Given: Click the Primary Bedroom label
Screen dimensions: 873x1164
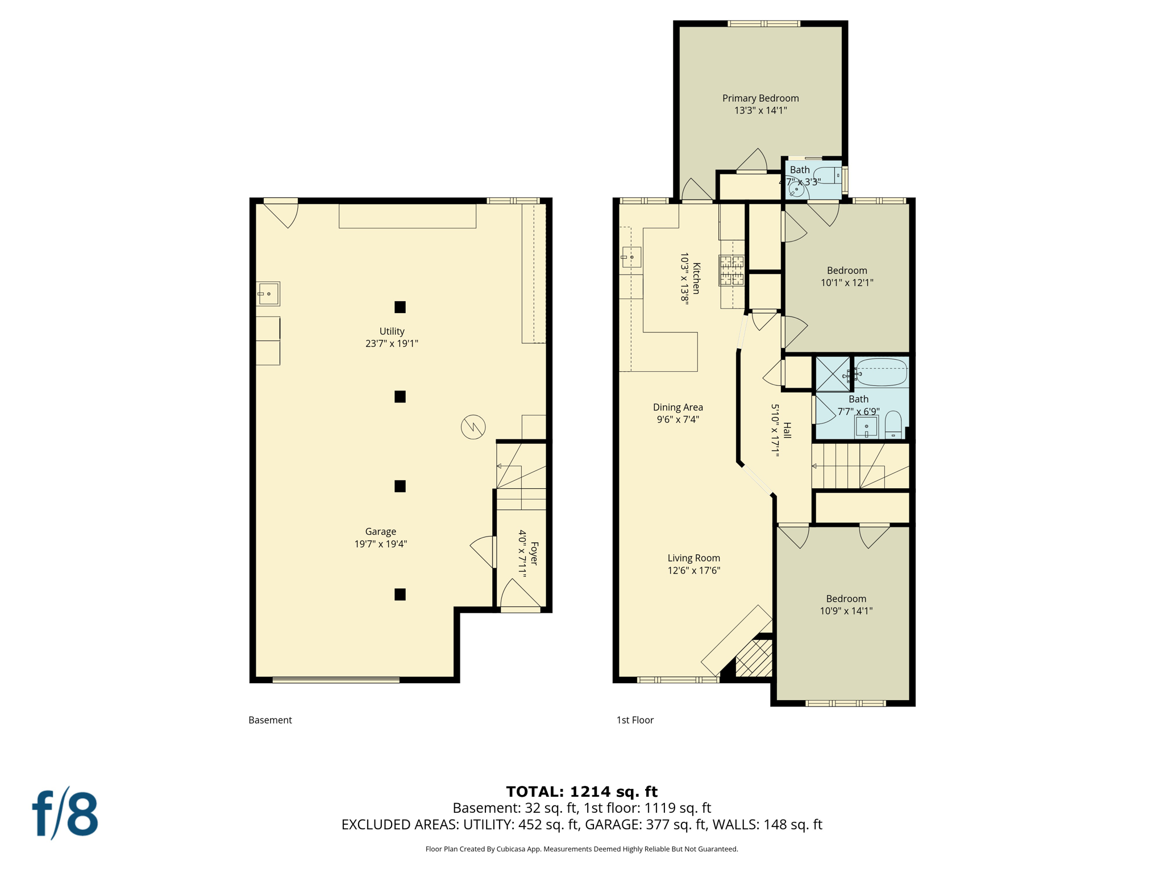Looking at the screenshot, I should point(760,98).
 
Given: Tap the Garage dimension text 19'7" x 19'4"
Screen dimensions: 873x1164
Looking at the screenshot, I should point(380,544).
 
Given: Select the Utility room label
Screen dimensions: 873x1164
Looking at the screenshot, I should point(392,331).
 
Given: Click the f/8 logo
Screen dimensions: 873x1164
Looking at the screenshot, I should point(65,814).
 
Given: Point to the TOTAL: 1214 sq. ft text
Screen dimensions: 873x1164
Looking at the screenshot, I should point(581,791).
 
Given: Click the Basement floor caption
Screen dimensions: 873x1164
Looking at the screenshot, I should point(270,720).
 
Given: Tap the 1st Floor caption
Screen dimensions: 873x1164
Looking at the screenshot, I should point(635,720).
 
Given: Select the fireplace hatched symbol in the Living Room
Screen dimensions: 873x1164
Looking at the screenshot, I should point(754,658).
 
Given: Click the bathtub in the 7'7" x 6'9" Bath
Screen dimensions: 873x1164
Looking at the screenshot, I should point(881,372).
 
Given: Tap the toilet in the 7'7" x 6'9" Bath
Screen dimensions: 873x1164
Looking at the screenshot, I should point(893,425).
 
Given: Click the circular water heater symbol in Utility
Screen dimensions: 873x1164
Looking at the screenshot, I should point(473,427).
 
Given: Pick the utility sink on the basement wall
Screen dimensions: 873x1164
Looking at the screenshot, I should point(268,294).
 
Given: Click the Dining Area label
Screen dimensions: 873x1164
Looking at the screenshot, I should point(677,408).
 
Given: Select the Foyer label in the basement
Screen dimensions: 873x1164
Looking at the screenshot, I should point(534,554).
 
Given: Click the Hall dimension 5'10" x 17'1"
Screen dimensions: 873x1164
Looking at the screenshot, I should point(775,430).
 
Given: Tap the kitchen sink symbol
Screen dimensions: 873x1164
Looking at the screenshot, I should point(631,257).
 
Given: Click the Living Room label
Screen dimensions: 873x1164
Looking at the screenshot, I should point(693,558).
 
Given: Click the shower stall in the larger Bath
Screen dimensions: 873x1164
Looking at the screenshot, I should point(833,373).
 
